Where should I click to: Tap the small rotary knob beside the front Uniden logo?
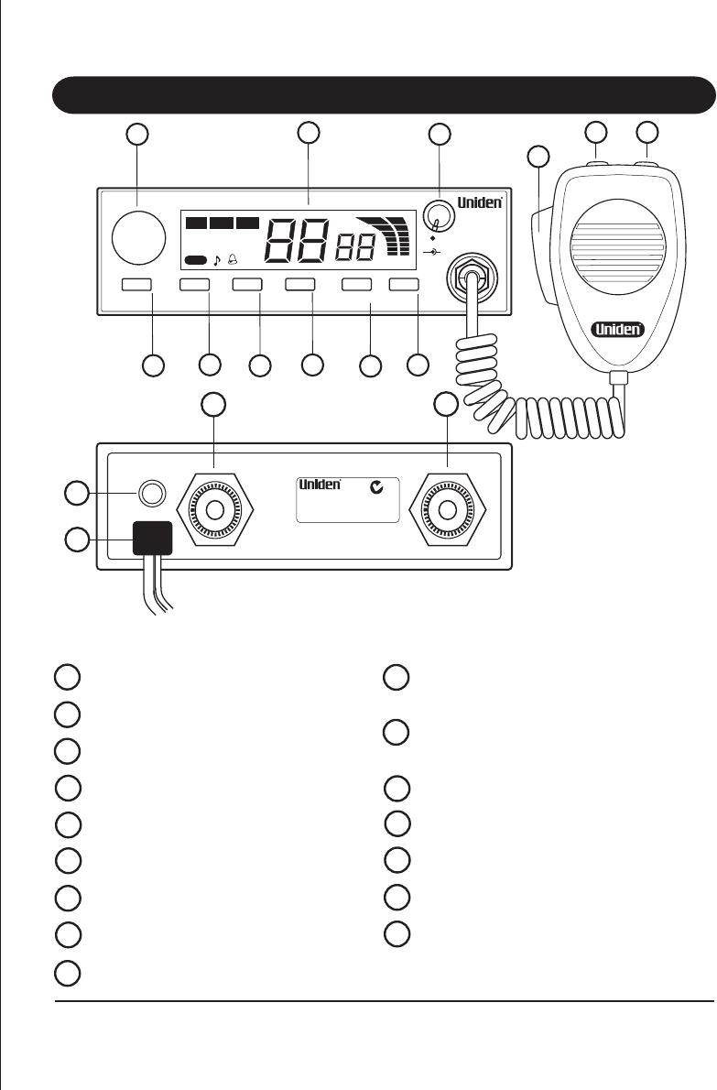point(439,219)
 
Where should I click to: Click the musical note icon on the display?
point(217,260)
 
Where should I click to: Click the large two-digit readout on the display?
point(297,242)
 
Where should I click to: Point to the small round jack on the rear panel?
point(151,493)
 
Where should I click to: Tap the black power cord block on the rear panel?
point(152,538)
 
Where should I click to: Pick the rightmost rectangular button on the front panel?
point(404,286)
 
